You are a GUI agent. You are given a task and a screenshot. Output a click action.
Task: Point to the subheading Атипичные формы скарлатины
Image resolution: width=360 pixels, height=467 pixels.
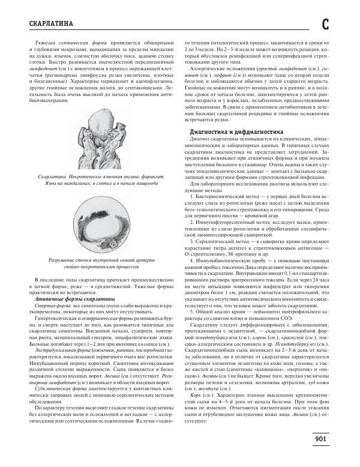[x=71, y=298]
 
